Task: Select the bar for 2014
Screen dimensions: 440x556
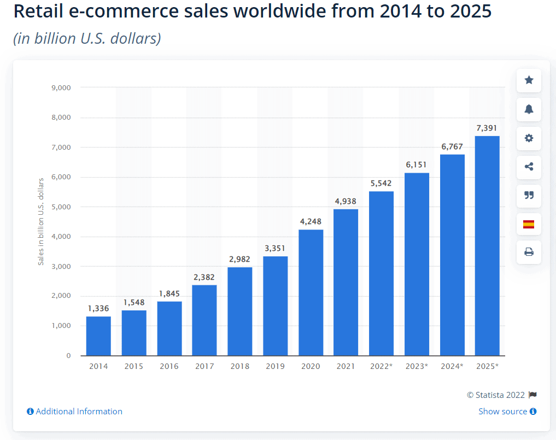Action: click(x=98, y=336)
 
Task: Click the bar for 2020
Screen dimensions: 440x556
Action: click(x=311, y=292)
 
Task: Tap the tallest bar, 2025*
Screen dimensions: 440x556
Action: click(x=487, y=245)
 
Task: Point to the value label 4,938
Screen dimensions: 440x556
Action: click(x=346, y=201)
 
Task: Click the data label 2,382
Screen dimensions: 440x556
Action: click(x=204, y=277)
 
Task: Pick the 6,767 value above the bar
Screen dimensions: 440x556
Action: click(x=452, y=146)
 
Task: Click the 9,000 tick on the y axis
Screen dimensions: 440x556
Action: click(x=61, y=87)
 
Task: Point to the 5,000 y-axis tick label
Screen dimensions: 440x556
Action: click(x=61, y=207)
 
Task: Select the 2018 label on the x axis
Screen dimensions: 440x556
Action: click(x=240, y=366)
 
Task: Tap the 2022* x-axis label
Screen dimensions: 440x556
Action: click(x=381, y=366)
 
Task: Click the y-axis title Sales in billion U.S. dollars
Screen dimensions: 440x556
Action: click(x=40, y=221)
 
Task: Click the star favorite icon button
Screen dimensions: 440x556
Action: click(x=529, y=80)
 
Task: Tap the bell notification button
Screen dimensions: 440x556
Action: click(x=529, y=109)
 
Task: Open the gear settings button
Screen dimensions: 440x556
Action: click(x=529, y=138)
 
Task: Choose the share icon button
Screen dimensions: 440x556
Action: click(x=529, y=167)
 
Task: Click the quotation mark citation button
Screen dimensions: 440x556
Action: click(x=529, y=196)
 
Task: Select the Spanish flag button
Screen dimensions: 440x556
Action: click(x=529, y=224)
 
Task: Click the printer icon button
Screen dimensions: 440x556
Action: click(x=529, y=252)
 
